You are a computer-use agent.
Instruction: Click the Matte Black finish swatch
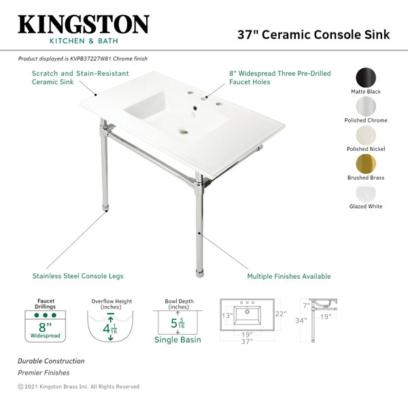click(366, 78)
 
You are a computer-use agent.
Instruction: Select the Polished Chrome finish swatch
click(366, 107)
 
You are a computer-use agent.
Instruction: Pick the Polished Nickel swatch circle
click(366, 135)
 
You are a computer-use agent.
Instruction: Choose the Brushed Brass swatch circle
click(366, 164)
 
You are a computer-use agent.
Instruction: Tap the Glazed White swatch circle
click(366, 193)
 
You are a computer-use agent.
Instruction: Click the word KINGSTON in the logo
click(84, 24)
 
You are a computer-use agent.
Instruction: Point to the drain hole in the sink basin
click(184, 132)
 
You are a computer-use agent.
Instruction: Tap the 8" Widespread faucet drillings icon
click(46, 326)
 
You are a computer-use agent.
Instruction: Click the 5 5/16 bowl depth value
click(177, 324)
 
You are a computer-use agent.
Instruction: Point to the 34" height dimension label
click(301, 320)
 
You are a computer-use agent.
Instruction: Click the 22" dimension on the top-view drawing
click(281, 313)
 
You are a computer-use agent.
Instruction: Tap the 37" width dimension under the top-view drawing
click(247, 341)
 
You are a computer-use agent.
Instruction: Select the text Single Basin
click(177, 339)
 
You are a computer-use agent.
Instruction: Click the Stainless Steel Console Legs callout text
click(78, 276)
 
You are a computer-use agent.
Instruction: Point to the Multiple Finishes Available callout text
click(289, 276)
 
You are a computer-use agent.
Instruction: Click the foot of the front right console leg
click(199, 274)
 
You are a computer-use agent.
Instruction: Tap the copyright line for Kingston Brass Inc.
click(79, 387)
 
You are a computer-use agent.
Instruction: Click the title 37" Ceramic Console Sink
click(313, 35)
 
